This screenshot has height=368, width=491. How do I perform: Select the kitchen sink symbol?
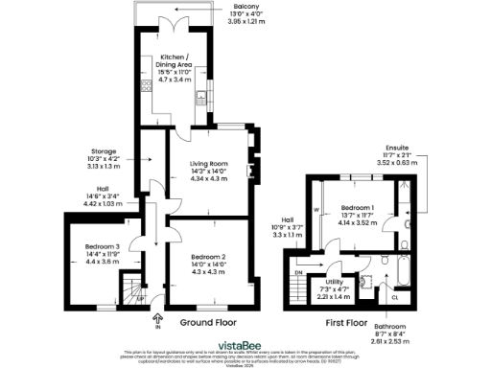coord(202,97)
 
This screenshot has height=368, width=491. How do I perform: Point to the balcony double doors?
coord(176,27)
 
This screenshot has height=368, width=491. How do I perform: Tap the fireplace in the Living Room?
coord(249,172)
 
